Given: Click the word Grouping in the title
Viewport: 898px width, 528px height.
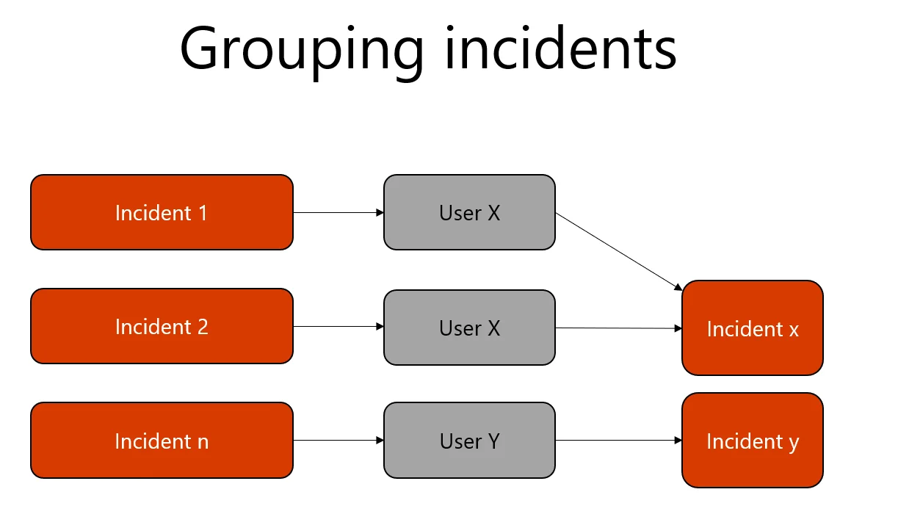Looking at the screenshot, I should tap(302, 49).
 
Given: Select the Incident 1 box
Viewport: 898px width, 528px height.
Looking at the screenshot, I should tap(162, 212).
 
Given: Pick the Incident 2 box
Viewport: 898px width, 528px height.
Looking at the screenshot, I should tap(162, 326).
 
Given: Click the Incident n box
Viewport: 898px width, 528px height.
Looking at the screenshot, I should tap(162, 441).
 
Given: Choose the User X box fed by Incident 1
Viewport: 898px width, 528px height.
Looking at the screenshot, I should tap(469, 212).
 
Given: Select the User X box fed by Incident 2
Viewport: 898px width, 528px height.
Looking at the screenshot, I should tap(469, 328).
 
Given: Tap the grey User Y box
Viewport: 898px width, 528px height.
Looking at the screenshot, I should tap(469, 441).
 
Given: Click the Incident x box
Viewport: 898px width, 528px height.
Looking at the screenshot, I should tap(752, 328).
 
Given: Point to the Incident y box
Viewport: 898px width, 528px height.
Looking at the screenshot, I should tap(752, 441).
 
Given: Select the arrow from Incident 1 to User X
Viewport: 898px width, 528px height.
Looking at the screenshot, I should tap(338, 213).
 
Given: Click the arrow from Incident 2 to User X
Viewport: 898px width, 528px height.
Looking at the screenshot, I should tap(338, 327).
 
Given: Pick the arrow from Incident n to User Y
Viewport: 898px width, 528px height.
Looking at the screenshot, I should tap(338, 441).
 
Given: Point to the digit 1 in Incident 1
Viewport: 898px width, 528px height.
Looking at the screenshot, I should tap(202, 213).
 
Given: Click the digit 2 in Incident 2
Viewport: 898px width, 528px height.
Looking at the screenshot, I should tap(203, 327).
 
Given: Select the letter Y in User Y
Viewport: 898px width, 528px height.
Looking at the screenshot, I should tap(493, 441).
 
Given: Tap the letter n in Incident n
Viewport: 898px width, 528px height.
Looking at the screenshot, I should tap(203, 442).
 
